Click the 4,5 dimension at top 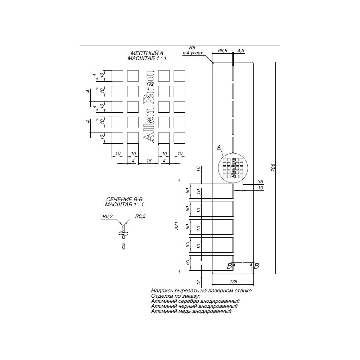(240, 51)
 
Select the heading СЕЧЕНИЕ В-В (123, 199)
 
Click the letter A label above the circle (219, 147)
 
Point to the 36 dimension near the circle (261, 181)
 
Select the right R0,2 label (140, 217)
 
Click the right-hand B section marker (256, 266)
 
